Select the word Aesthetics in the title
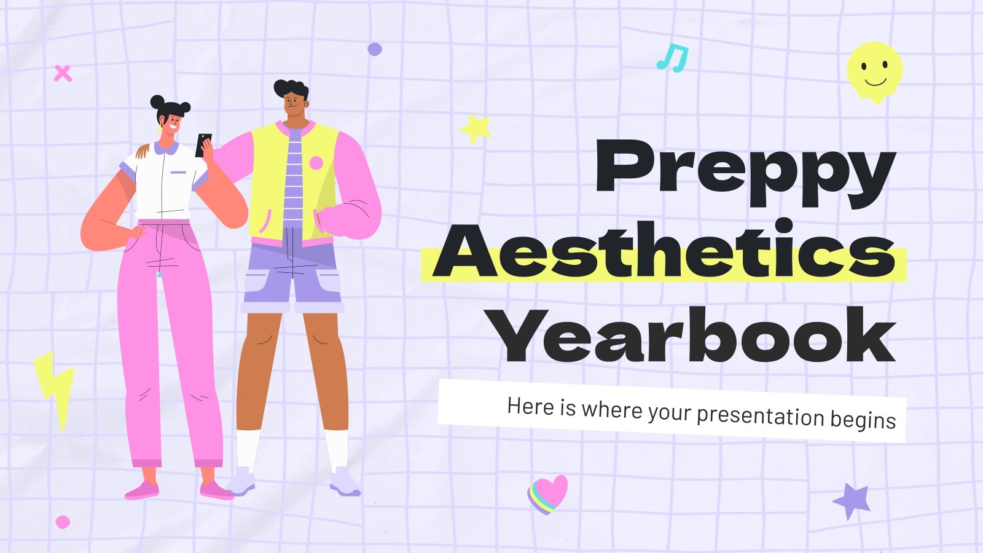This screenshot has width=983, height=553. [x=665, y=253]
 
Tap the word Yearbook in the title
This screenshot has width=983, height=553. [x=694, y=337]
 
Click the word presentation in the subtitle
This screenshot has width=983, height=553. [x=759, y=415]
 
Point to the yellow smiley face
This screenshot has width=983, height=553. [x=875, y=71]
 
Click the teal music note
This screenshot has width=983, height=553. [x=672, y=58]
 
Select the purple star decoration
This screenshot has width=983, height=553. [x=853, y=500]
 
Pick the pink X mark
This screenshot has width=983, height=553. [x=63, y=74]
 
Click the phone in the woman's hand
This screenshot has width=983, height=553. [x=203, y=146]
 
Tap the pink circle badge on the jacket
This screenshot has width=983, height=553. [x=316, y=163]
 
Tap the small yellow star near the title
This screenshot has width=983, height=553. [x=476, y=129]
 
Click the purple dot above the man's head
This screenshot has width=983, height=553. [x=374, y=49]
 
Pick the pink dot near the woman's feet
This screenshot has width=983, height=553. [x=63, y=522]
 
